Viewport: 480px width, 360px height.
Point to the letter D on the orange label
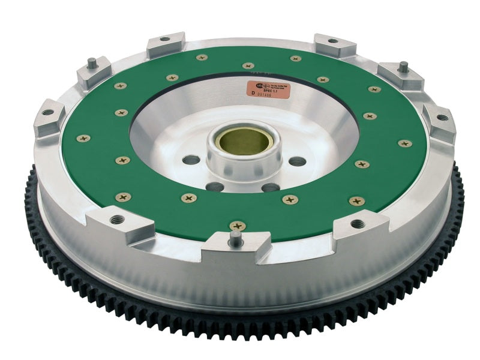pos(254,93)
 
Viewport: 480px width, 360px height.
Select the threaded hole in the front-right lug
pos(358,223)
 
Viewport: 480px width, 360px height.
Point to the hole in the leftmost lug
pos(47,112)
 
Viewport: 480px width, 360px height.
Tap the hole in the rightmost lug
pos(442,118)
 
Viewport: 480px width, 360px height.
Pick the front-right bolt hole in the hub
pos(271,187)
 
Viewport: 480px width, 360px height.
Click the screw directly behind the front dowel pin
pos(238,226)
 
